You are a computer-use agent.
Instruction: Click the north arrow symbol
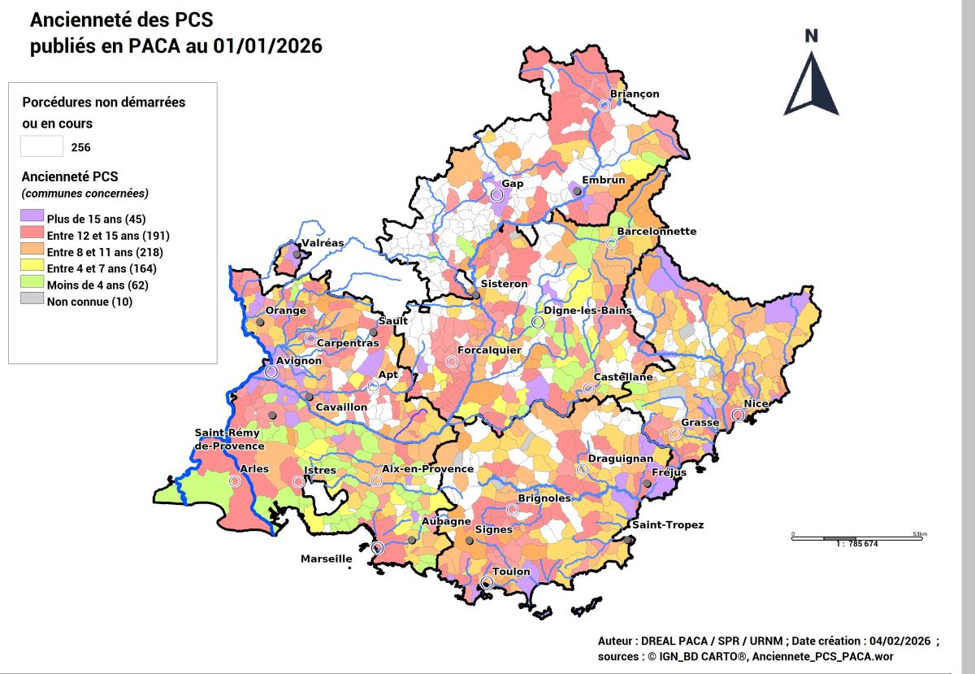pyautogui.click(x=811, y=81)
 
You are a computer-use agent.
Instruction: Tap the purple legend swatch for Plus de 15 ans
pyautogui.click(x=32, y=218)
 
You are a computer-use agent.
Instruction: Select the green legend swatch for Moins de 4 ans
pyautogui.click(x=32, y=285)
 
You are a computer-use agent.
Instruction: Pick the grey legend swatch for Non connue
pyautogui.click(x=32, y=302)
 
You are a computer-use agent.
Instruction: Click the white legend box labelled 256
pyautogui.click(x=41, y=146)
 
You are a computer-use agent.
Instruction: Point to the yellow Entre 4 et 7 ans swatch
pyautogui.click(x=32, y=268)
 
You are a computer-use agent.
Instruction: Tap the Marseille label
pyautogui.click(x=326, y=559)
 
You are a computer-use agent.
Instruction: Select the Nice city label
pyautogui.click(x=756, y=403)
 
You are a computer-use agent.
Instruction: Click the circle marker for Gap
pyautogui.click(x=497, y=195)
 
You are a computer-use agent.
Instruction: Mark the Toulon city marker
pyautogui.click(x=486, y=583)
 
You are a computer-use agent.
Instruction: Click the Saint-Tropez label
pyautogui.click(x=668, y=524)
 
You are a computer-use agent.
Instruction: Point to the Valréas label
pyautogui.click(x=323, y=242)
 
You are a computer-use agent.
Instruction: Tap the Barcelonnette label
pyautogui.click(x=656, y=231)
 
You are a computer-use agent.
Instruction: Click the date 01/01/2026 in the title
pyautogui.click(x=267, y=46)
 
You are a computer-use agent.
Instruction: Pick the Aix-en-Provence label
pyautogui.click(x=427, y=468)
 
